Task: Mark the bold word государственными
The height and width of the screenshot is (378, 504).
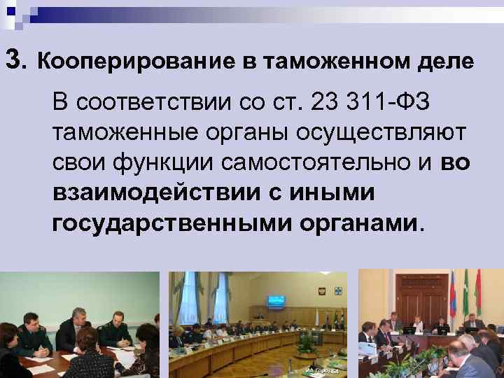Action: (173, 224)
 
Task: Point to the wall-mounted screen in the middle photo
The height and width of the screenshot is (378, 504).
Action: (276, 302)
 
